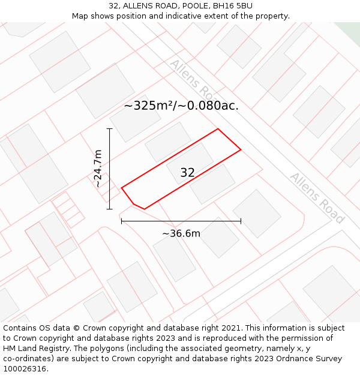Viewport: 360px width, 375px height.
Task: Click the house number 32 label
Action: click(187, 173)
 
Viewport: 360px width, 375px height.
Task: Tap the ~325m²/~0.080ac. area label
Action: click(181, 106)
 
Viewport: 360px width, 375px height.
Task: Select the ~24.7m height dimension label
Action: click(98, 169)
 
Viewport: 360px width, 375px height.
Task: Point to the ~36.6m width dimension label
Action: click(181, 233)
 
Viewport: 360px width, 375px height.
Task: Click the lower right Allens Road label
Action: click(317, 197)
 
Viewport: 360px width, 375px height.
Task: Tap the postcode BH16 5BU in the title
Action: click(231, 6)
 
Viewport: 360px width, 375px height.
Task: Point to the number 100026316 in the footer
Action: click(23, 369)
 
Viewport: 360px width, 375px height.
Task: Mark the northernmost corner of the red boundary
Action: click(218, 129)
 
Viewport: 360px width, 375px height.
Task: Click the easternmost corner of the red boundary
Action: click(241, 149)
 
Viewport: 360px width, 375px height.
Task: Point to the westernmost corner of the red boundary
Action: click(122, 188)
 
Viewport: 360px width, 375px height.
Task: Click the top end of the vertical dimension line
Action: click(110, 128)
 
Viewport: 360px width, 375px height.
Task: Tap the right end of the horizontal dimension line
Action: click(241, 221)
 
